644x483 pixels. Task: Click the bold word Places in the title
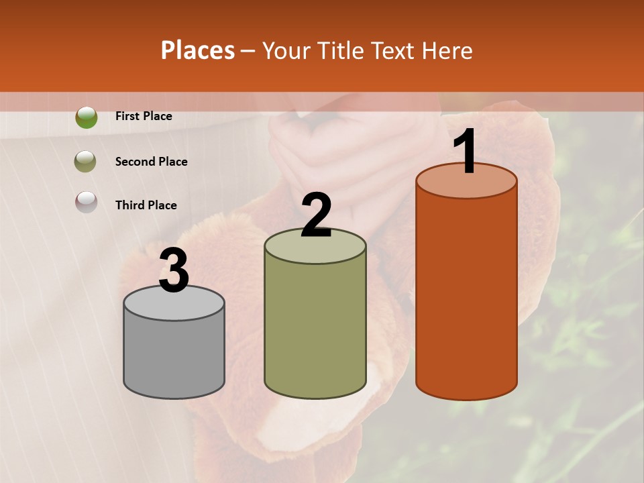pos(198,50)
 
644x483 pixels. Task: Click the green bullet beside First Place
pos(86,117)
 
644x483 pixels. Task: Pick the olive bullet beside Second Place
pos(86,162)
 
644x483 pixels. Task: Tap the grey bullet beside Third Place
pos(86,202)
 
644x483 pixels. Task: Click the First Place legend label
pos(144,116)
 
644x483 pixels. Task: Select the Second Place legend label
pos(151,162)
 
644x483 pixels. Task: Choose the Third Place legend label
pos(146,205)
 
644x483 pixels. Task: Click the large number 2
pos(316,215)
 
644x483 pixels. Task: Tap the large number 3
pos(174,270)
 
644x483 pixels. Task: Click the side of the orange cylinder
pos(466,295)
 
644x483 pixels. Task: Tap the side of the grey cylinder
pos(174,356)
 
